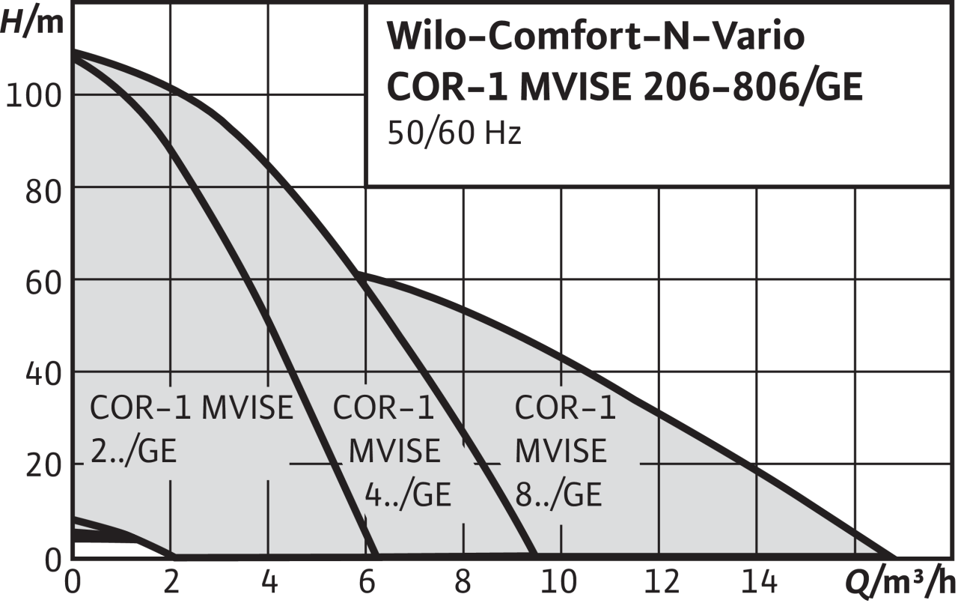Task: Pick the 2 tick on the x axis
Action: [171, 582]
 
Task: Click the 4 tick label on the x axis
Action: [269, 582]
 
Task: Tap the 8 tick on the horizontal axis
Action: [464, 582]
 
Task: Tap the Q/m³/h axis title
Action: [901, 582]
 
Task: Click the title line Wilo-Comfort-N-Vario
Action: [595, 37]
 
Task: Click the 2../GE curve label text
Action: [133, 452]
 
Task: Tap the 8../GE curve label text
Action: [558, 494]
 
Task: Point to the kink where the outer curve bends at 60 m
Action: [360, 274]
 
